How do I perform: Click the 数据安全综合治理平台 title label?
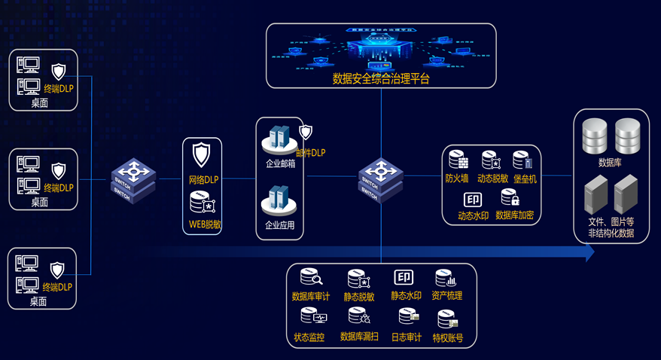click(381, 78)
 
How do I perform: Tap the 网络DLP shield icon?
click(201, 156)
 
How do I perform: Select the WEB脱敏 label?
click(203, 224)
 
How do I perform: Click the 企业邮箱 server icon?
click(279, 138)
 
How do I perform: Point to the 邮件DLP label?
click(310, 153)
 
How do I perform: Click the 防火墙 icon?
click(458, 160)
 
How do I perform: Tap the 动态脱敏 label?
click(492, 179)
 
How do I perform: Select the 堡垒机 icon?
click(523, 160)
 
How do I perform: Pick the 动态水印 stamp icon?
click(473, 200)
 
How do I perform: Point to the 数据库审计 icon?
click(310, 278)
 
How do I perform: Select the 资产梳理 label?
click(447, 296)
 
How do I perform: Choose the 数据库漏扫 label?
click(359, 337)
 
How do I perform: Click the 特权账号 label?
click(448, 338)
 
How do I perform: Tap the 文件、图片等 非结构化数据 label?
click(611, 227)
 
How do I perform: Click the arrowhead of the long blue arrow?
click(589, 252)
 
